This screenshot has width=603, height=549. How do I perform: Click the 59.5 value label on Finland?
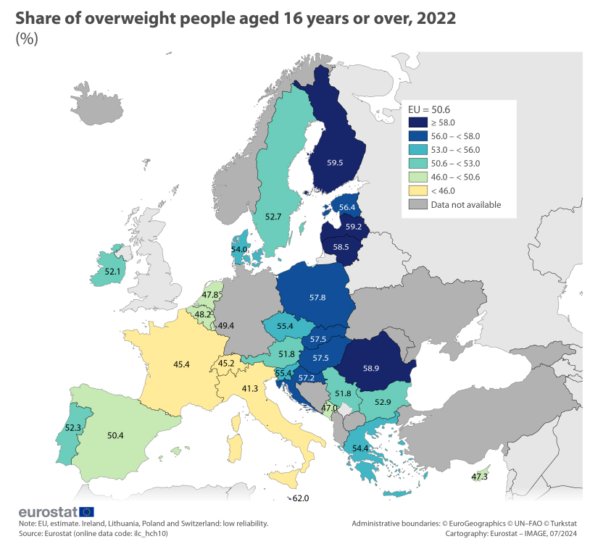pos(335,163)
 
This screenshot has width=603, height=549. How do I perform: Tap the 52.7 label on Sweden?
pos(273,217)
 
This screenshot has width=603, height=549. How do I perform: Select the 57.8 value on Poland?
pos(317,298)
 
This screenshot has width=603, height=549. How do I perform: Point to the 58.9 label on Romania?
pos(370,368)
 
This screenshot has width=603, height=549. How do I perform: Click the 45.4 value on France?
pos(181,364)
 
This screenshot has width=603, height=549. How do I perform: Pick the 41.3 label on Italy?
pos(250,389)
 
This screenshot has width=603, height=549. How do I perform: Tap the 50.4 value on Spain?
pos(115,435)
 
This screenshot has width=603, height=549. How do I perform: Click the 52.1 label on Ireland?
pos(112,272)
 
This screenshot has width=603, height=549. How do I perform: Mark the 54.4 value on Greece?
pos(360,449)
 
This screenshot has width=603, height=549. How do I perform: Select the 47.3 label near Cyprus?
pos(479,477)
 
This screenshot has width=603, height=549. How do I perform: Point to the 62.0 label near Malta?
pos(301,498)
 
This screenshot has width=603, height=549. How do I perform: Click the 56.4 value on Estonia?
pos(348,207)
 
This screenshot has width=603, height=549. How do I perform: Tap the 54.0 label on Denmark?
pos(239,249)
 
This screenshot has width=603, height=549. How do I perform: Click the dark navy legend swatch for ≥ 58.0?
pos(417,122)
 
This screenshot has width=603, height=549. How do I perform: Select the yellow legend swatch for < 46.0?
pos(417,190)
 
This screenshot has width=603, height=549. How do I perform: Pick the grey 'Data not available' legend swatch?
pos(417,204)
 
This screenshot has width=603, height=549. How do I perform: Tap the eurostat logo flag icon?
pos(86,513)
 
